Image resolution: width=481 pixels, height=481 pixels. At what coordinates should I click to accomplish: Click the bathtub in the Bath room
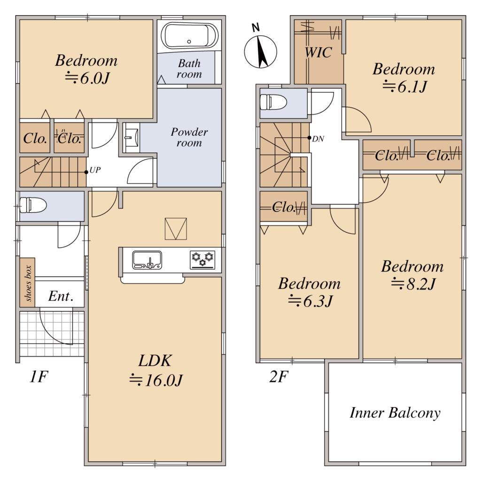pyautogui.click(x=189, y=35)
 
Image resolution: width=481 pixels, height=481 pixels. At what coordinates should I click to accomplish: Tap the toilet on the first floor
pyautogui.click(x=33, y=205)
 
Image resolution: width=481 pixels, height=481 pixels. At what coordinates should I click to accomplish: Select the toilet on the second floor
pyautogui.click(x=273, y=102)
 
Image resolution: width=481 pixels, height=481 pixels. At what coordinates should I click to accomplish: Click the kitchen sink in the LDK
pyautogui.click(x=147, y=260)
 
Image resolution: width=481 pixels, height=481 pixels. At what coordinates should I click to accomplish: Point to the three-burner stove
pyautogui.click(x=202, y=260)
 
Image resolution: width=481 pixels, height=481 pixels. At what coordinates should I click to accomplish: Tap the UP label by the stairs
pyautogui.click(x=95, y=170)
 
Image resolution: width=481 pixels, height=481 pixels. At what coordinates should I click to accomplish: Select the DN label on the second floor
pyautogui.click(x=318, y=139)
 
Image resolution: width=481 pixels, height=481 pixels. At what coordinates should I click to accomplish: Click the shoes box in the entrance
pyautogui.click(x=28, y=282)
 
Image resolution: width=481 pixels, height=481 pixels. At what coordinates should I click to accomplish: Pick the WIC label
pyautogui.click(x=318, y=52)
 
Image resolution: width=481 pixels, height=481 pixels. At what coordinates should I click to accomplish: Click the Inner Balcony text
pyautogui.click(x=395, y=413)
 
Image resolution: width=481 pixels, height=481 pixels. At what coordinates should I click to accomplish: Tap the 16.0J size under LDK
pyautogui.click(x=156, y=380)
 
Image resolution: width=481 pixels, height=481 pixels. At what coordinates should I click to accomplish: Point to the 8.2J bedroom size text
pyautogui.click(x=413, y=284)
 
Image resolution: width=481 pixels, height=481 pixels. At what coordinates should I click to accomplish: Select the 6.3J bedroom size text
pyautogui.click(x=310, y=301)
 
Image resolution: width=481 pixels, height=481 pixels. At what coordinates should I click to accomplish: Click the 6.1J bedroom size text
pyautogui.click(x=404, y=87)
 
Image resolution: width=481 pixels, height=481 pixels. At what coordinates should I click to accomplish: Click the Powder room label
pyautogui.click(x=189, y=137)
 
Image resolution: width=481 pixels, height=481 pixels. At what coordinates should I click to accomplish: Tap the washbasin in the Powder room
pyautogui.click(x=132, y=138)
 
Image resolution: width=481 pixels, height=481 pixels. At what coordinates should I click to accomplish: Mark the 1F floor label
pyautogui.click(x=39, y=377)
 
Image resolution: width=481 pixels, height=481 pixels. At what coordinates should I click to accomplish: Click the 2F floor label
pyautogui.click(x=279, y=377)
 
